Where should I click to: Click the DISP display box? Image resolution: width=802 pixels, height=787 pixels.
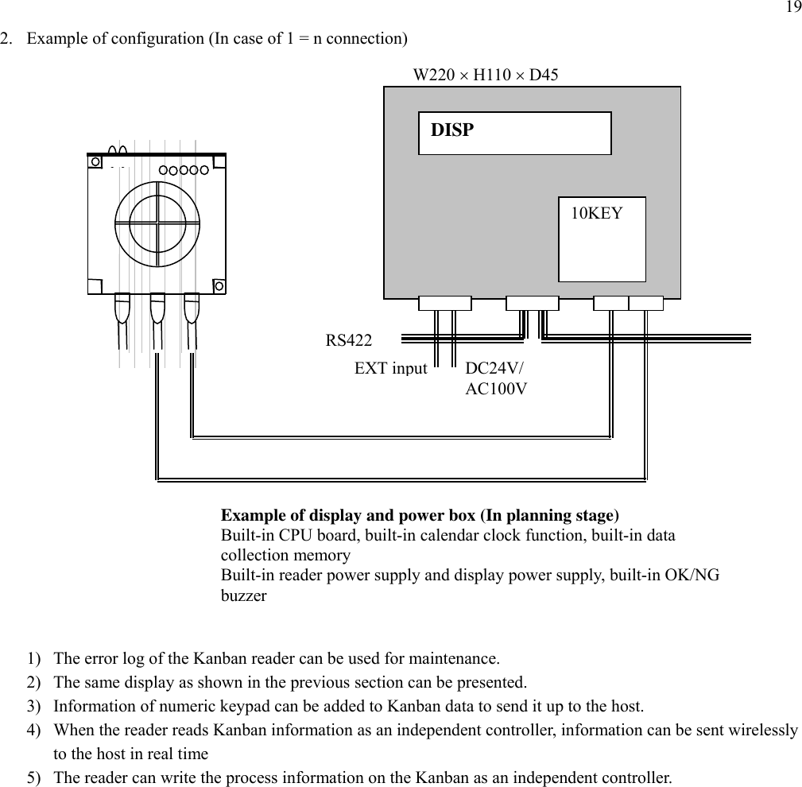[x=514, y=133]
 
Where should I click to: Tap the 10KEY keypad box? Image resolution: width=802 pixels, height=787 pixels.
[x=602, y=238]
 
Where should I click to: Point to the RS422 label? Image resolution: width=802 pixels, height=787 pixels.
[x=349, y=341]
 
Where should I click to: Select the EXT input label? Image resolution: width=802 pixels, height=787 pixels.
[x=390, y=368]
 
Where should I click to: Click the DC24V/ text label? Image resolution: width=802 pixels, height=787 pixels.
[x=494, y=369]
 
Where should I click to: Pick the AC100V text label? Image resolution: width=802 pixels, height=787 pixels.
[x=496, y=389]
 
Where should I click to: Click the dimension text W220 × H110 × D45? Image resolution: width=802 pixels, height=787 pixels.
[x=486, y=76]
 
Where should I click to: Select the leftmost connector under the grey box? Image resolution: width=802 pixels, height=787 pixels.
[x=444, y=303]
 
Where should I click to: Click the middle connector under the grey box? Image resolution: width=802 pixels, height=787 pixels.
[x=532, y=303]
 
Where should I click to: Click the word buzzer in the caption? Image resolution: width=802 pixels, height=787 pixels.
[x=243, y=595]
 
